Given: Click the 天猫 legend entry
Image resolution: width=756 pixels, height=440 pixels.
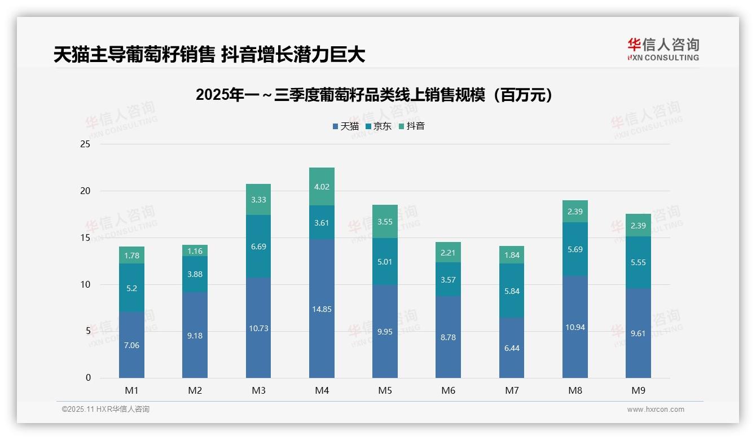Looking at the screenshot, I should point(345,126).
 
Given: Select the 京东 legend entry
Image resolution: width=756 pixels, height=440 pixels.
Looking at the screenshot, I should point(378,126).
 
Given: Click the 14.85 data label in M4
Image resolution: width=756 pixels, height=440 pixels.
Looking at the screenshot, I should point(322,309).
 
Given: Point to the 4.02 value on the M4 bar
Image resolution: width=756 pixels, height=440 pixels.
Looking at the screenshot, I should point(322,187).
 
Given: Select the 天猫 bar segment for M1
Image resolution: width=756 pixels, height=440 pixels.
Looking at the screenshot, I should point(131,345).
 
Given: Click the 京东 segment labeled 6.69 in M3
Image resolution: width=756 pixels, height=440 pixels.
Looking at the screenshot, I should point(258,247).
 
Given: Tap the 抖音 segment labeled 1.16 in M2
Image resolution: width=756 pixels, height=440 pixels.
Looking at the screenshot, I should point(195,250).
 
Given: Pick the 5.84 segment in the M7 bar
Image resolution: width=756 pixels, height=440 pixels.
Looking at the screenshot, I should point(512,291).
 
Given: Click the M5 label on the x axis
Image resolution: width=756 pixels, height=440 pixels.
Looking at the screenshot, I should point(385,390).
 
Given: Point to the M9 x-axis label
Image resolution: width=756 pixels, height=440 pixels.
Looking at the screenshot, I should point(638,390).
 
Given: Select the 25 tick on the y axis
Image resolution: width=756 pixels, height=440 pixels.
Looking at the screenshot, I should point(85,144).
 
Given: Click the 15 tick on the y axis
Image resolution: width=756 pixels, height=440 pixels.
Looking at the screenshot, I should point(85,238).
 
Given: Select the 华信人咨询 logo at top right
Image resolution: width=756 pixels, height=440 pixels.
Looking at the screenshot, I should point(663,49).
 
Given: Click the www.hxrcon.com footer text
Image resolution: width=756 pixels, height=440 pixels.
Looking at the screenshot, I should point(656,410).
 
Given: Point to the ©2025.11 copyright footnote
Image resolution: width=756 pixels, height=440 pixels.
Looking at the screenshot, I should point(106,410).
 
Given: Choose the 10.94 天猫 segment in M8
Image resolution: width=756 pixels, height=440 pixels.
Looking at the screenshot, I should point(575,327).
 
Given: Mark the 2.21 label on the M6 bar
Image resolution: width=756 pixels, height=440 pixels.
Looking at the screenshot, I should point(448,252).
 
